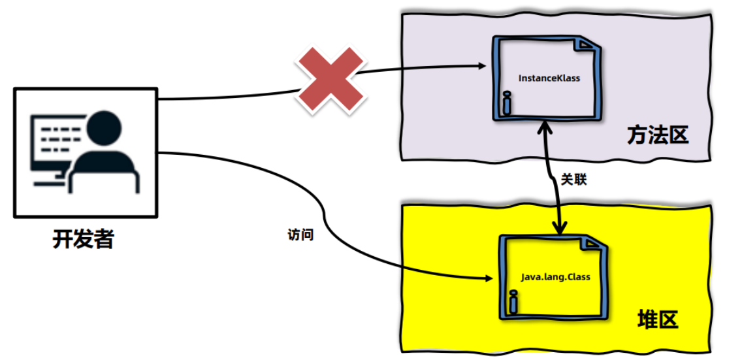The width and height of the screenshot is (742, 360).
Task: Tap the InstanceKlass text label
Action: [x=549, y=78]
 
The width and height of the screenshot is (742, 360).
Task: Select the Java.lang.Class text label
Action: [x=555, y=277]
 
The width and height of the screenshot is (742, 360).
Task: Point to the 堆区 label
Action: [x=658, y=321]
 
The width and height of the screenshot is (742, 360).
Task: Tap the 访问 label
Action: [x=300, y=235]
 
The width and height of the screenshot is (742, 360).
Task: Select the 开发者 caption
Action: [x=84, y=239]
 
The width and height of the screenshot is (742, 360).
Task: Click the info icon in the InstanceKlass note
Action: [x=506, y=103]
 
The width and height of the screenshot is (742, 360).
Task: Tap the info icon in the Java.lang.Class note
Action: [x=513, y=302]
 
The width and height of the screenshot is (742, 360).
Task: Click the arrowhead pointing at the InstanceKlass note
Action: [x=482, y=66]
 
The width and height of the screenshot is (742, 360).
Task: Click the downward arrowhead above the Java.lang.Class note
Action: [x=559, y=229]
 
